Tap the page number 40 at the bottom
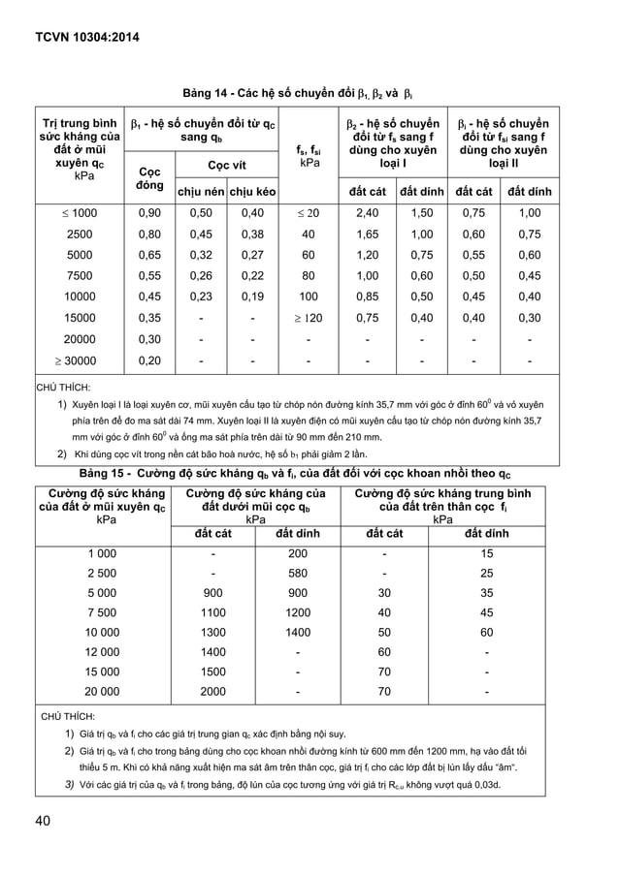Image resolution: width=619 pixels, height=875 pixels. coord(44,821)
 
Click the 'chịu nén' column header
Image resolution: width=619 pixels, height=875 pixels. coord(200,192)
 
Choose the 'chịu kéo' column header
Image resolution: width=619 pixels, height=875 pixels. coord(252,192)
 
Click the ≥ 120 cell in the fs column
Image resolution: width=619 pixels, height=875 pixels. coord(309,318)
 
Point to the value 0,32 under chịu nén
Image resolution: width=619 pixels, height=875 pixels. coord(200,256)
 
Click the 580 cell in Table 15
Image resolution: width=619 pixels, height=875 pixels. coord(298,574)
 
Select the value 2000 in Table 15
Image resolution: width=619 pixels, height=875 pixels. coord(212,692)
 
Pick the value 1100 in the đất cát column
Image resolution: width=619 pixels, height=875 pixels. coord(212,612)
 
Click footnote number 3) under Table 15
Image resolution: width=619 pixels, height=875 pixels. coord(70,784)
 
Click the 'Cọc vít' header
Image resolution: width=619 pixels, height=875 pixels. coord(226,166)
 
